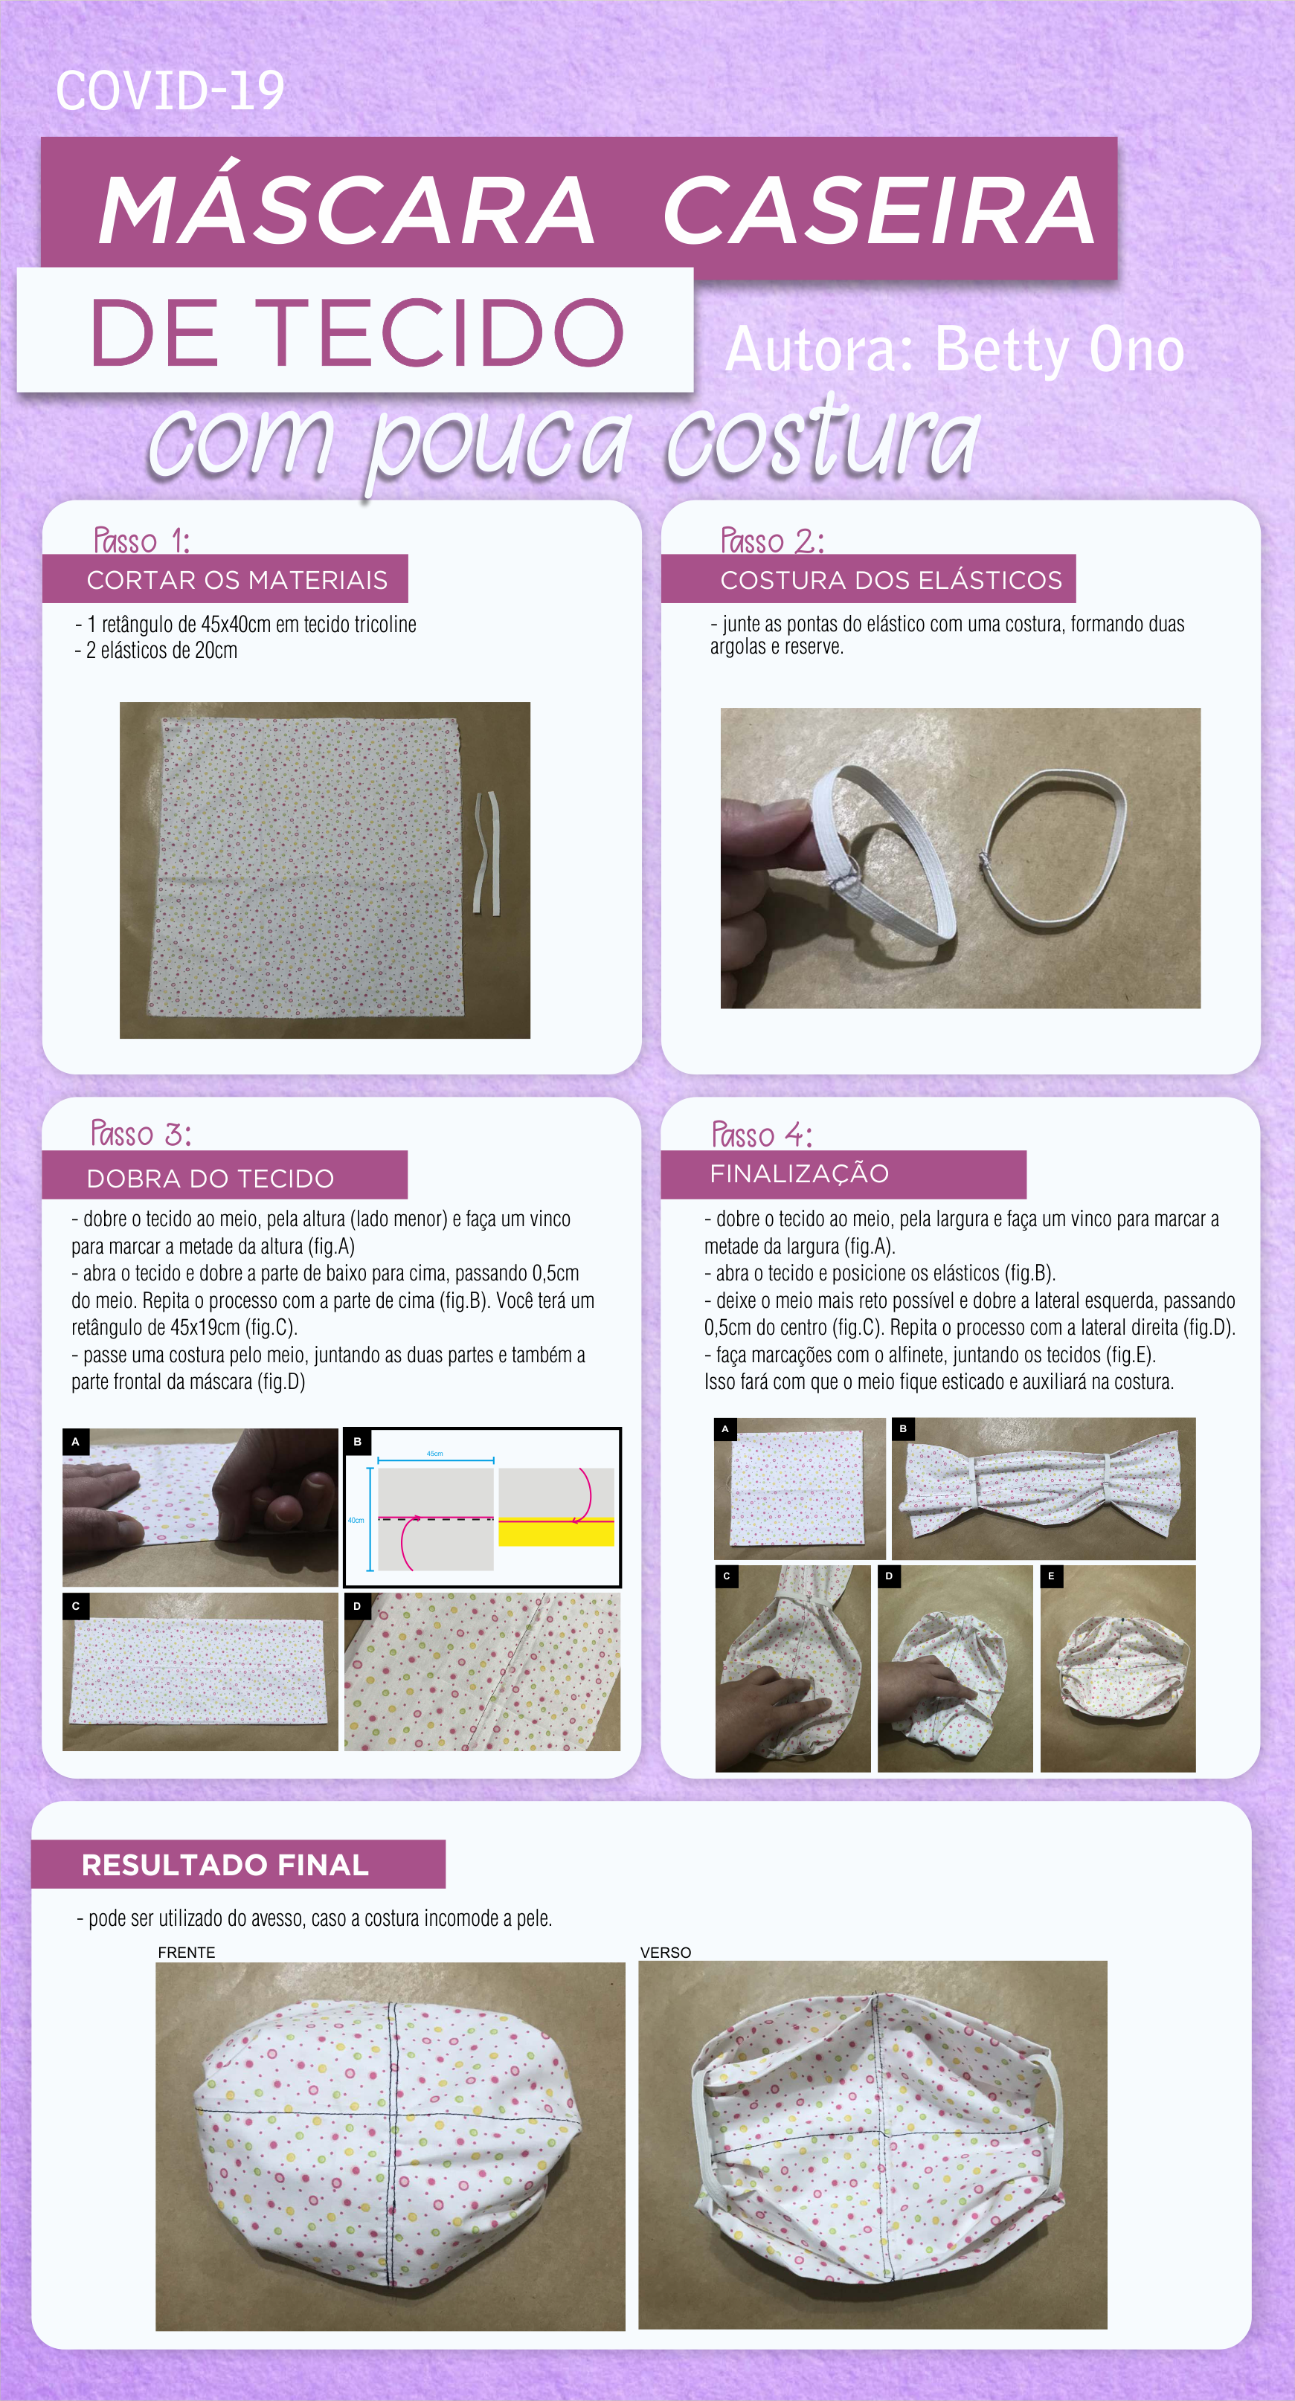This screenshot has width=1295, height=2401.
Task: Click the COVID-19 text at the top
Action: tap(170, 91)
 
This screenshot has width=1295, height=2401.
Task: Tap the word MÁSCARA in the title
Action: tap(347, 212)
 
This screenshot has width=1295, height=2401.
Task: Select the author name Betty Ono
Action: tap(1059, 350)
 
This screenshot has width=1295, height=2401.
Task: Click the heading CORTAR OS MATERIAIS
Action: tap(237, 580)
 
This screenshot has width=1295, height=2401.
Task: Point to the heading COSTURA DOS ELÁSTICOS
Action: tap(890, 580)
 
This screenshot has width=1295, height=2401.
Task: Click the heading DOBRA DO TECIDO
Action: tap(210, 1178)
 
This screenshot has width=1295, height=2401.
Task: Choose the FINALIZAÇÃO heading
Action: tap(799, 1173)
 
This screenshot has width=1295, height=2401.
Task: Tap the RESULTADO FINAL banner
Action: tap(225, 1864)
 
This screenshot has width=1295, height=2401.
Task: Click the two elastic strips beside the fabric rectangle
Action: tap(489, 852)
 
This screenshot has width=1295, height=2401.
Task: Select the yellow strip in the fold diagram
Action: tap(556, 1533)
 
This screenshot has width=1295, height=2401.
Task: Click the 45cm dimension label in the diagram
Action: tap(434, 1454)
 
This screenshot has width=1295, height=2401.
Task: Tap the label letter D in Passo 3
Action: tap(357, 1606)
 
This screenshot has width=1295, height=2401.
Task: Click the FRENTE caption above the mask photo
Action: tap(187, 1953)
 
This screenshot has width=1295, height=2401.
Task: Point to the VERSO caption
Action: tap(666, 1953)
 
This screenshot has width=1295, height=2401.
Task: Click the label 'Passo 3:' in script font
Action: tap(141, 1133)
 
